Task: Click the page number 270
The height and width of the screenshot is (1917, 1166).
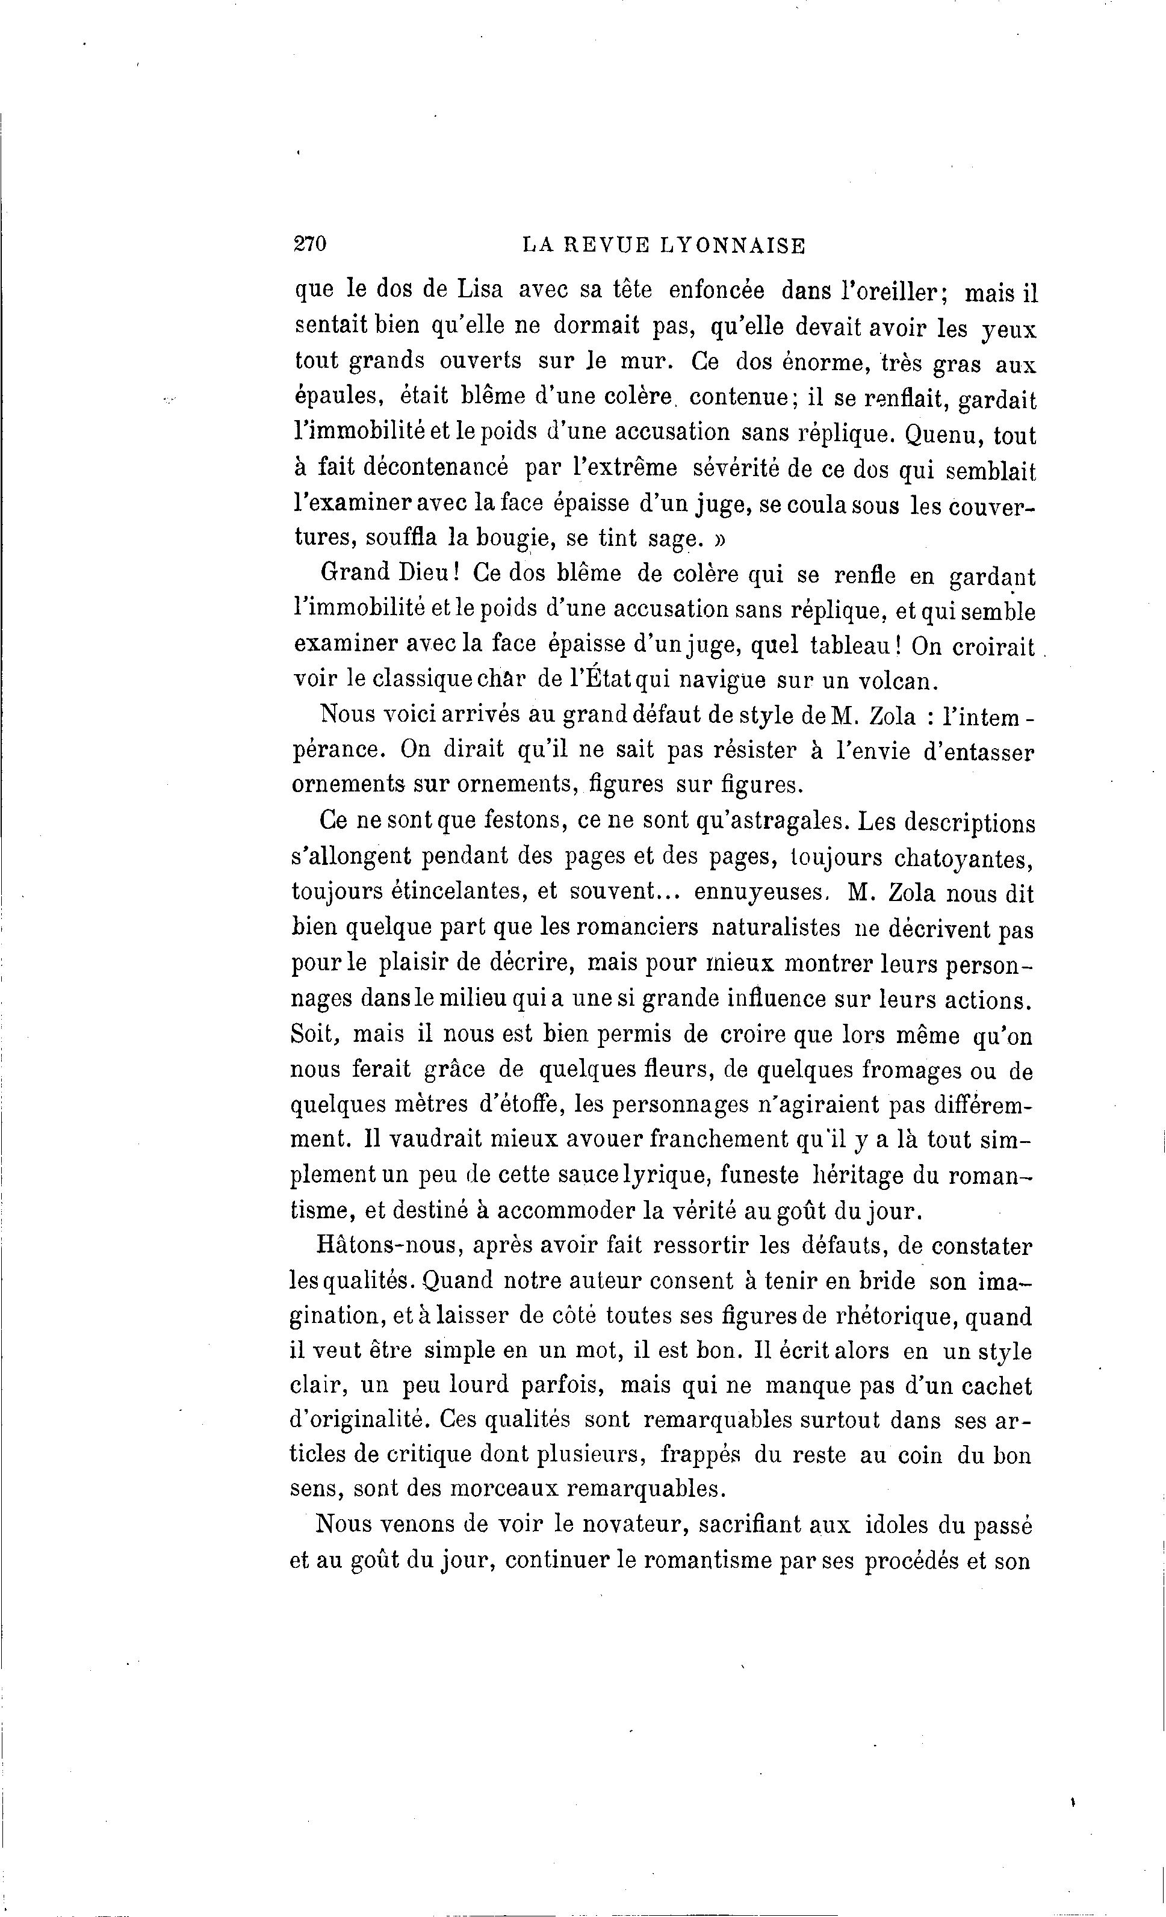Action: [309, 244]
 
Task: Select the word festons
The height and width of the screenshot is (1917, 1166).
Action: [512, 822]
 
